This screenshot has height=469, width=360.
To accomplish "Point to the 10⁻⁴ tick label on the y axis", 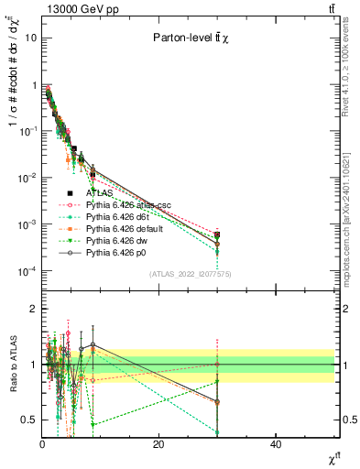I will pyautogui.click(x=27, y=271).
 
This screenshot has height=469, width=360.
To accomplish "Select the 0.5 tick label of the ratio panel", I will pyautogui.click(x=29, y=420).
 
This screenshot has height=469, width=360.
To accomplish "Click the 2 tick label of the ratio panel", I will pyautogui.click(x=33, y=309).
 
